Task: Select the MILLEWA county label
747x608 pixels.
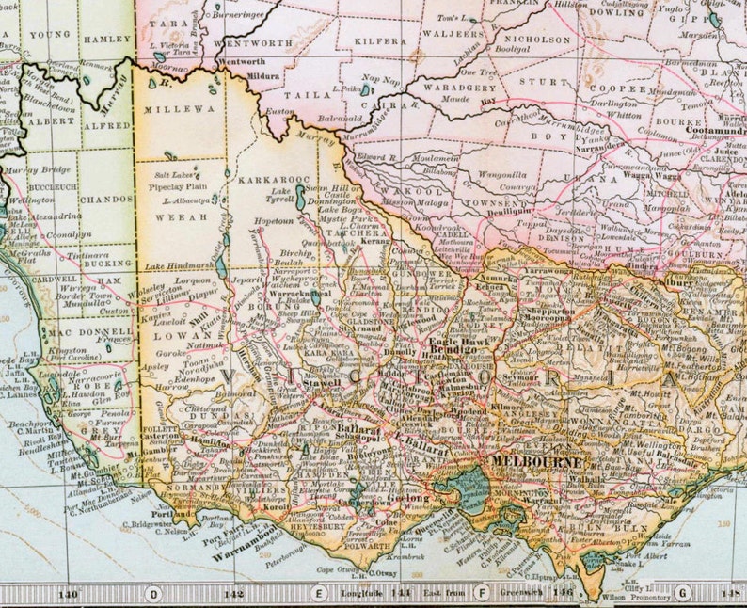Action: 167,109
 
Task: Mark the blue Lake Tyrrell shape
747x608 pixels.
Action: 298,199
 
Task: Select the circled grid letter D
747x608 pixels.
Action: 153,593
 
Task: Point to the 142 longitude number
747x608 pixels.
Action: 234,594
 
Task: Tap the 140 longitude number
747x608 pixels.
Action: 67,594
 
